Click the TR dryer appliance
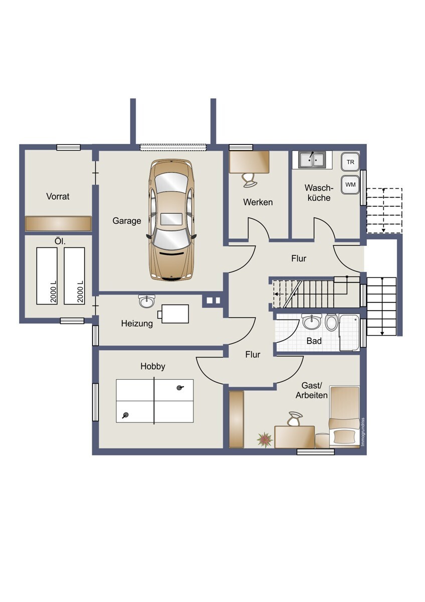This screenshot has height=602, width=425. click(350, 162)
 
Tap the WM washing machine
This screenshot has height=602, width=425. click(350, 185)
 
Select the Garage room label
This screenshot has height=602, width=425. click(127, 221)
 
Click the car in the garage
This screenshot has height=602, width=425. click(171, 220)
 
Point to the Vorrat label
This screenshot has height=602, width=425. click(58, 197)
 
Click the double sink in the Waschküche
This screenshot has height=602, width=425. click(312, 160)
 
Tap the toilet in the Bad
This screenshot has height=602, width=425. click(332, 323)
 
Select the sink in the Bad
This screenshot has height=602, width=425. click(311, 321)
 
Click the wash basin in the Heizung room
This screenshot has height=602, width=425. click(147, 301)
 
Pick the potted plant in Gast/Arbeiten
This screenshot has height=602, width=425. click(265, 440)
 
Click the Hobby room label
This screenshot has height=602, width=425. click(153, 367)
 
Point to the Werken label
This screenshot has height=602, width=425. click(258, 202)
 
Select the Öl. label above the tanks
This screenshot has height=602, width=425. click(60, 241)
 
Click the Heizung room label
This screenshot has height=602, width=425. click(137, 324)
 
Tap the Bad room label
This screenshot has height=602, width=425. click(314, 341)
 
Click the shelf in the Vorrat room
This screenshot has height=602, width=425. click(58, 224)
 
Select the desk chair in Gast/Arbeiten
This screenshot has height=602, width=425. click(295, 419)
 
